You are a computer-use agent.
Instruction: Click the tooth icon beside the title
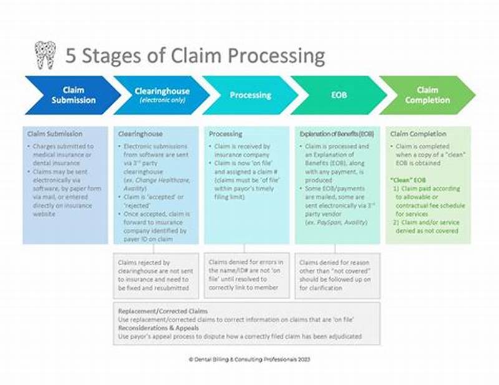pos(44,55)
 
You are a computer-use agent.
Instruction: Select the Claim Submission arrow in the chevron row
pos(72,95)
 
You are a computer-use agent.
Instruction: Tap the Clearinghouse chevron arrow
pos(161,95)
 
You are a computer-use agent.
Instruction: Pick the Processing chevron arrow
pos(250,95)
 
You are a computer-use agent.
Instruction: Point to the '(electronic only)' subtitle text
pos(162,100)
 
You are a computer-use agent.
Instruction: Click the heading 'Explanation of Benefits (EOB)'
pos(336,134)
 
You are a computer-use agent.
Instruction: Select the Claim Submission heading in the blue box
pos(55,134)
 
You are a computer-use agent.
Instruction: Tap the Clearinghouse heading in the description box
pos(140,134)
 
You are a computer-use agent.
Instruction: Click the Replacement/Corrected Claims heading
pos(163,310)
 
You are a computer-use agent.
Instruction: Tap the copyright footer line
pos(249,359)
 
